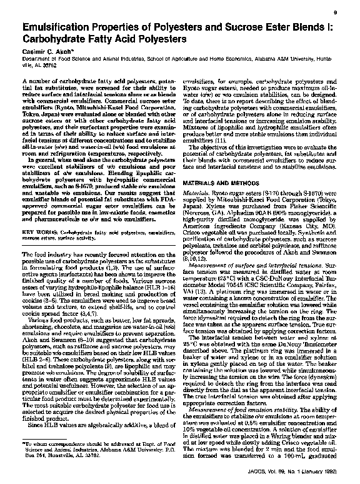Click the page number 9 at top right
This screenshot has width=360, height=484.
pos(336,13)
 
